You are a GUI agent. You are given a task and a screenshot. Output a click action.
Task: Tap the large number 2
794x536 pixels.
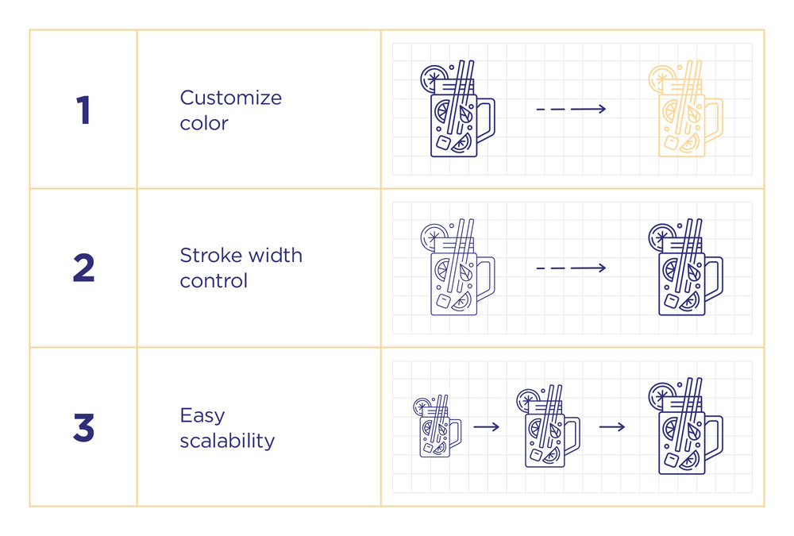coord(84,268)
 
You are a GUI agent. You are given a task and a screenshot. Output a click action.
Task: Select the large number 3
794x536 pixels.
coord(84,427)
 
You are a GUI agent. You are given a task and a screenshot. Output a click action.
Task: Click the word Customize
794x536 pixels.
coord(231,97)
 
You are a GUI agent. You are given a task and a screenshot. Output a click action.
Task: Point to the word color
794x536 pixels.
coord(204,123)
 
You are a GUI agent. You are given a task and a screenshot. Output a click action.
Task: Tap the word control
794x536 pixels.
coord(214,280)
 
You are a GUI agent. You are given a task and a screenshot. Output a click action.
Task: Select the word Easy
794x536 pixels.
coord(202,416)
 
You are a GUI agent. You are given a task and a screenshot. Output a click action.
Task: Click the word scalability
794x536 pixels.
coord(227,440)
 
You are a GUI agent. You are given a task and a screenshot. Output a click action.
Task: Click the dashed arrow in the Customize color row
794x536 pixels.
coord(571,109)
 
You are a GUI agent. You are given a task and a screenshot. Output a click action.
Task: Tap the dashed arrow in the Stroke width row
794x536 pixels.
coord(571,268)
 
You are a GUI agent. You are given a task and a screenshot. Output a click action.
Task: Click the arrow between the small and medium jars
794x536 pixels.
coord(487,427)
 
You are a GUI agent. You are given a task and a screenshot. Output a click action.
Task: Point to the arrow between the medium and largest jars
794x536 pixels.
coord(612,427)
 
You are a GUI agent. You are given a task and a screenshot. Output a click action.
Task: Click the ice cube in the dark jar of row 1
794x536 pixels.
coord(444,142)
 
